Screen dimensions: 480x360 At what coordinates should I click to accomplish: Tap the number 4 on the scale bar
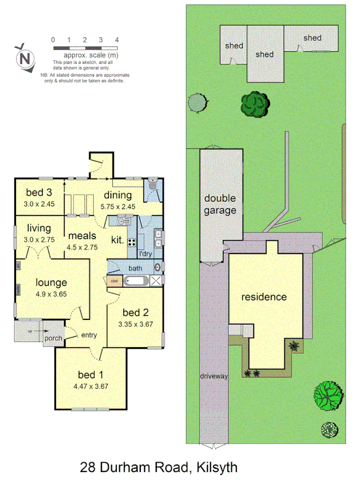(117, 40)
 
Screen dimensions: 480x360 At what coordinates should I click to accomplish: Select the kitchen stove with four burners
(131, 240)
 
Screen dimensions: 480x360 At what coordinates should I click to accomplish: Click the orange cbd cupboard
(114, 281)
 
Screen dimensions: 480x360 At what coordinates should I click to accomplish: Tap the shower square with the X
(156, 281)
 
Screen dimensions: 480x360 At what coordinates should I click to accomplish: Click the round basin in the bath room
(157, 267)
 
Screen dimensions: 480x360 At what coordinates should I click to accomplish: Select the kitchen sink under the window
(124, 221)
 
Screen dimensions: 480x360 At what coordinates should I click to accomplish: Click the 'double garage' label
(220, 204)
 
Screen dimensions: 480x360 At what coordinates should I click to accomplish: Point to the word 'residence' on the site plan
(264, 297)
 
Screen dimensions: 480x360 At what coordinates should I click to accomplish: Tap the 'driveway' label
(214, 376)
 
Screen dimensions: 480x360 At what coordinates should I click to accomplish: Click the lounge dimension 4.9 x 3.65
(51, 294)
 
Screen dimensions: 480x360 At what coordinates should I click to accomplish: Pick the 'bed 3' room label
(38, 193)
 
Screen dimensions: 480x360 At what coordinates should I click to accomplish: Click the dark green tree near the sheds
(254, 103)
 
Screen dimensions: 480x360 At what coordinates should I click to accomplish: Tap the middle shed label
(264, 54)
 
